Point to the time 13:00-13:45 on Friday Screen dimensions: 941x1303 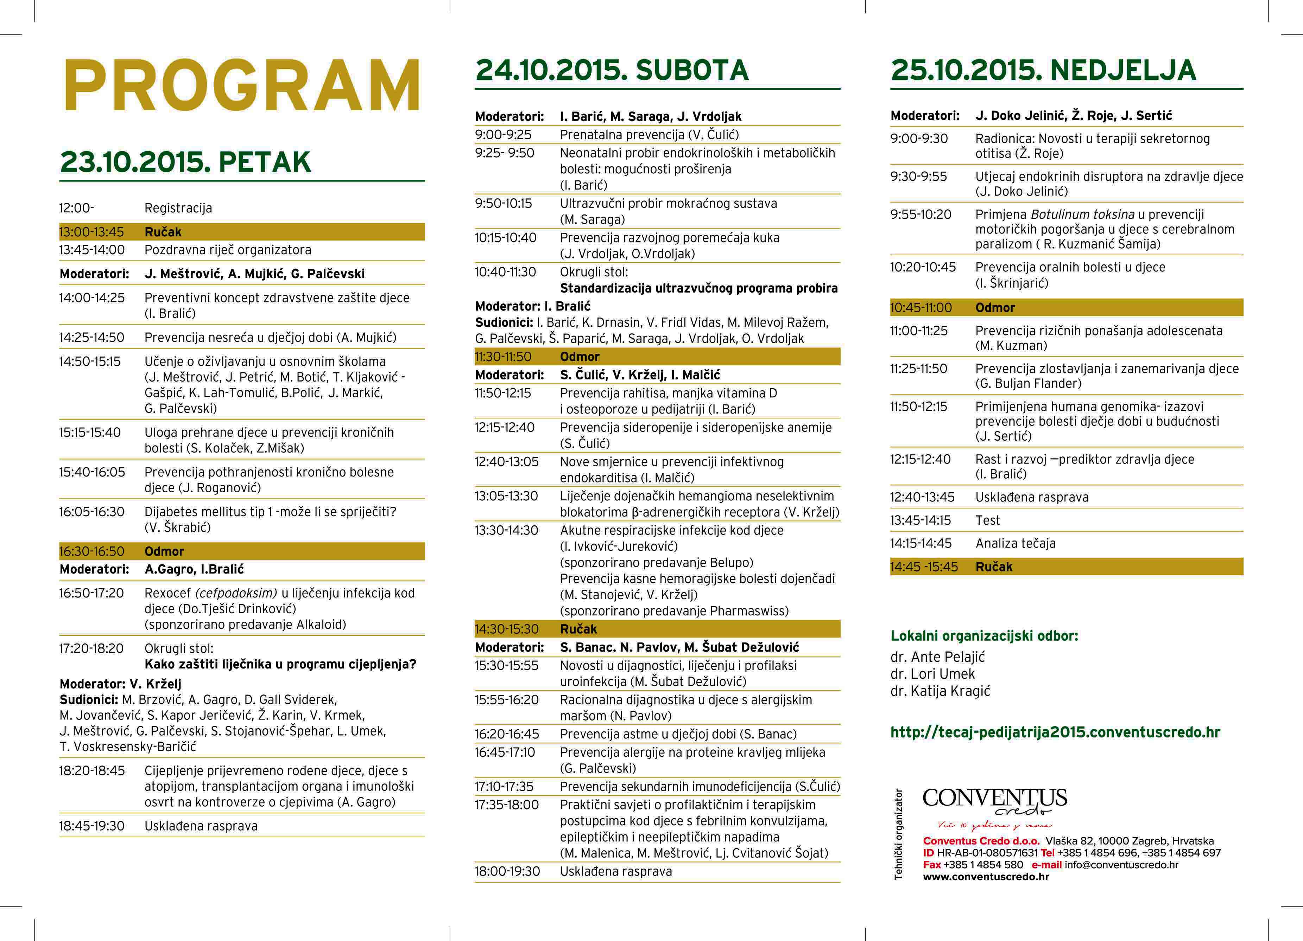[x=92, y=232]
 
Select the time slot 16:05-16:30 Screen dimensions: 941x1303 [x=92, y=512]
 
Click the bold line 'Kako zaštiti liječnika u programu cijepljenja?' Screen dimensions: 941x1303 [x=280, y=664]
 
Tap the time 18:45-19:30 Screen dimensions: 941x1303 [x=92, y=826]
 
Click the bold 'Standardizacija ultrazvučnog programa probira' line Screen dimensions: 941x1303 [x=698, y=288]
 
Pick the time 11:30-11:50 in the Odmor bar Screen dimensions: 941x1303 [x=503, y=357]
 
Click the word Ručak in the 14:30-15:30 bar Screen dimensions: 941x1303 [x=578, y=629]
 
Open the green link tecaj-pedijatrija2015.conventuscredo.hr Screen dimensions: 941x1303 [x=1055, y=732]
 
